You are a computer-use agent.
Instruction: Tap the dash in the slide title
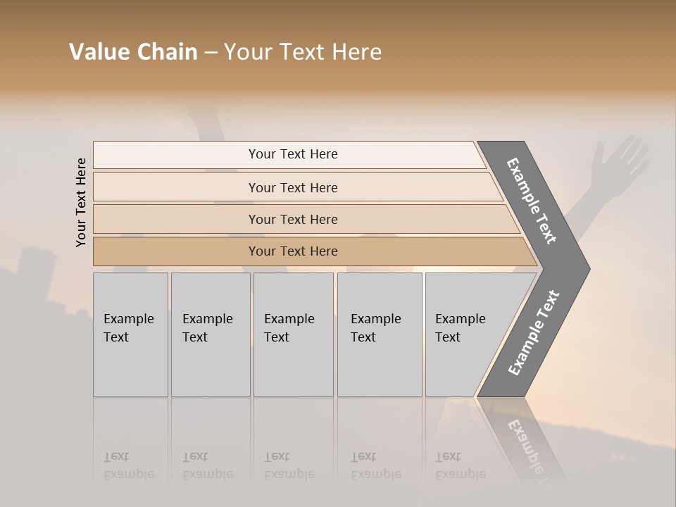(211, 53)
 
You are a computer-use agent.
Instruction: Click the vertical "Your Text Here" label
(81, 203)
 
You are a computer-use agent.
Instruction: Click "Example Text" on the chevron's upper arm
(532, 201)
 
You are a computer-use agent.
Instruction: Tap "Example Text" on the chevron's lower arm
(534, 333)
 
